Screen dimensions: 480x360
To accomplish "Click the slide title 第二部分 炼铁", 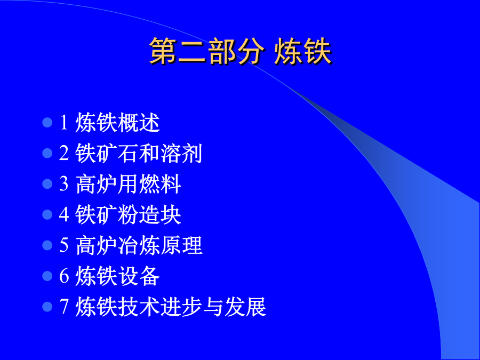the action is tap(241, 51).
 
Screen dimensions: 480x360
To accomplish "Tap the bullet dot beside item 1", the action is tap(47, 123).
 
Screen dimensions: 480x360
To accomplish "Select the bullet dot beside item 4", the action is tap(47, 214).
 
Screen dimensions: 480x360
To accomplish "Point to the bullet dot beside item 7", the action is tap(47, 307).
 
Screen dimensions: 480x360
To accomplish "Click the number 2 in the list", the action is tap(63, 153).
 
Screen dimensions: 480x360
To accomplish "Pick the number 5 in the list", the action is tap(63, 245).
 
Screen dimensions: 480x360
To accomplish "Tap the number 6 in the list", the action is tap(63, 276).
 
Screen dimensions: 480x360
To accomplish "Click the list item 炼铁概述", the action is tap(117, 123).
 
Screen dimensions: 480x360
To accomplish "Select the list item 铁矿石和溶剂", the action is tap(139, 153).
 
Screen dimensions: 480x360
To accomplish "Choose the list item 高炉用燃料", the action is tap(128, 183).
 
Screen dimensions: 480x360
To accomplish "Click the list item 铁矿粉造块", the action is tap(128, 214).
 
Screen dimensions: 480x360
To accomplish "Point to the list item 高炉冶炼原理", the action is tap(139, 245).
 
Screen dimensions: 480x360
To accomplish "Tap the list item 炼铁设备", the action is tap(117, 276).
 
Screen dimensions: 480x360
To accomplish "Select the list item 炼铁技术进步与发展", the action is tap(171, 307).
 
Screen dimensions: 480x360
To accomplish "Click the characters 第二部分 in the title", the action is tap(207, 51).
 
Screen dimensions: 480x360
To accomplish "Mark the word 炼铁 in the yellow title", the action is tap(303, 51).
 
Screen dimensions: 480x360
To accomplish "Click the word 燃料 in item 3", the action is tap(160, 183).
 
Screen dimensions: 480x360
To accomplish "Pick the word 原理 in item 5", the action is tap(181, 245).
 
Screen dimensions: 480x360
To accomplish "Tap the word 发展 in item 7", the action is tap(245, 307).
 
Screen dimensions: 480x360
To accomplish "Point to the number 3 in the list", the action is tap(63, 183).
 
